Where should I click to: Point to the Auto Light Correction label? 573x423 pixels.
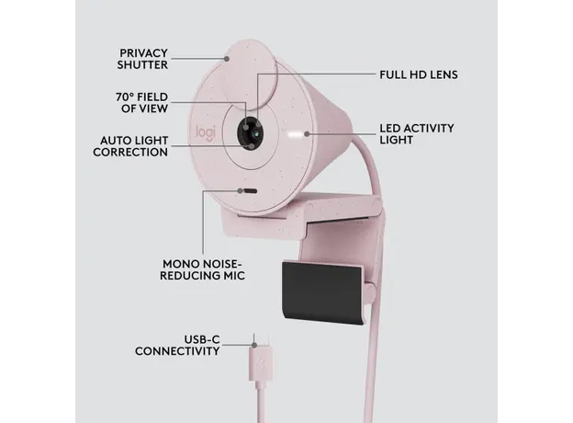tap(130, 146)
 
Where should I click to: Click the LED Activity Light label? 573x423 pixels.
tap(416, 134)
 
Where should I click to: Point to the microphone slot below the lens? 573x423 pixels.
tap(248, 192)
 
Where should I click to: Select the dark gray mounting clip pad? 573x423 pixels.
tap(323, 292)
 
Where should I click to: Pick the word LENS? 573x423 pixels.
tap(441, 73)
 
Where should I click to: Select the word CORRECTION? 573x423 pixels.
tap(130, 153)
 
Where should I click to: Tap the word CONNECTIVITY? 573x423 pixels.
tap(177, 351)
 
